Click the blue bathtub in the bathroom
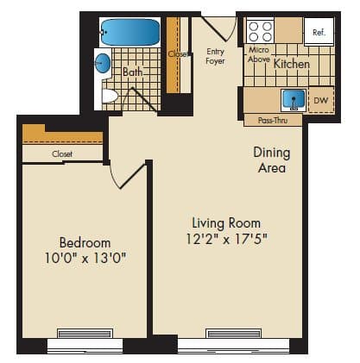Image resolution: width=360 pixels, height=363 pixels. (130, 34)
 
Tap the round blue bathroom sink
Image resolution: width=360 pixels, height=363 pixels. (103, 63)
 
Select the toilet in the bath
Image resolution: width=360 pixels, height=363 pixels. (110, 95)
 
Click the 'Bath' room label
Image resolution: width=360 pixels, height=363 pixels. (132, 72)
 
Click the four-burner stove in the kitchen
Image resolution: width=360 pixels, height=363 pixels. (261, 32)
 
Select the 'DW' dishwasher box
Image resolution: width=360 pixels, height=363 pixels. (320, 101)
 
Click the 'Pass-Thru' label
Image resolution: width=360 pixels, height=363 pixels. (273, 121)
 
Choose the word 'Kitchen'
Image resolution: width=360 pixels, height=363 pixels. (291, 64)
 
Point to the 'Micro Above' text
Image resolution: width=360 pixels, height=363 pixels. (259, 55)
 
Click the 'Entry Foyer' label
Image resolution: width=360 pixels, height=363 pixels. (215, 56)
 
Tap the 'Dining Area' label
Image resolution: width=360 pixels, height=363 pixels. (271, 160)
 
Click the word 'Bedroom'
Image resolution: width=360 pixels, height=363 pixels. (85, 242)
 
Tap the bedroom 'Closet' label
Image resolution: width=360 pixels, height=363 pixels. (62, 153)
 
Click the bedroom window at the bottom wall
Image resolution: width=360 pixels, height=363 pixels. (85, 335)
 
